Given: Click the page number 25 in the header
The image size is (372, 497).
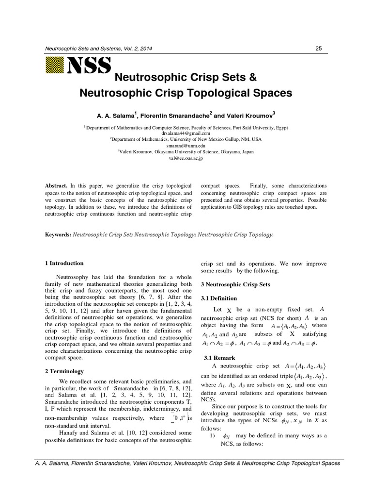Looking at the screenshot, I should pos(318,49).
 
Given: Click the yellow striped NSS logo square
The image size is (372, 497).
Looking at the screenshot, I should pos(54,66).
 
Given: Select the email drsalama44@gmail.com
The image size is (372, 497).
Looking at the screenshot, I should pos(186,133).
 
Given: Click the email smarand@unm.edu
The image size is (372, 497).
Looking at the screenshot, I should pos(186,145).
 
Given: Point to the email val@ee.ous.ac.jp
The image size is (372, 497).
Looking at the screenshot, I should pos(186,158).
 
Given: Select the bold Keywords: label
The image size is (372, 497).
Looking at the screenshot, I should pos(58,234).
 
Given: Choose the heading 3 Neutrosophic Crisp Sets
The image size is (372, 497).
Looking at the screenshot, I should pos(235,284).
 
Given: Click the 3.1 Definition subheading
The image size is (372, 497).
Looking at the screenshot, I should pos(219,298).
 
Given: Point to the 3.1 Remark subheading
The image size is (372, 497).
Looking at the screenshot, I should pos(219,358).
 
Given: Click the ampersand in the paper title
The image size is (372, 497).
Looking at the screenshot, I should pos(252,78).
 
